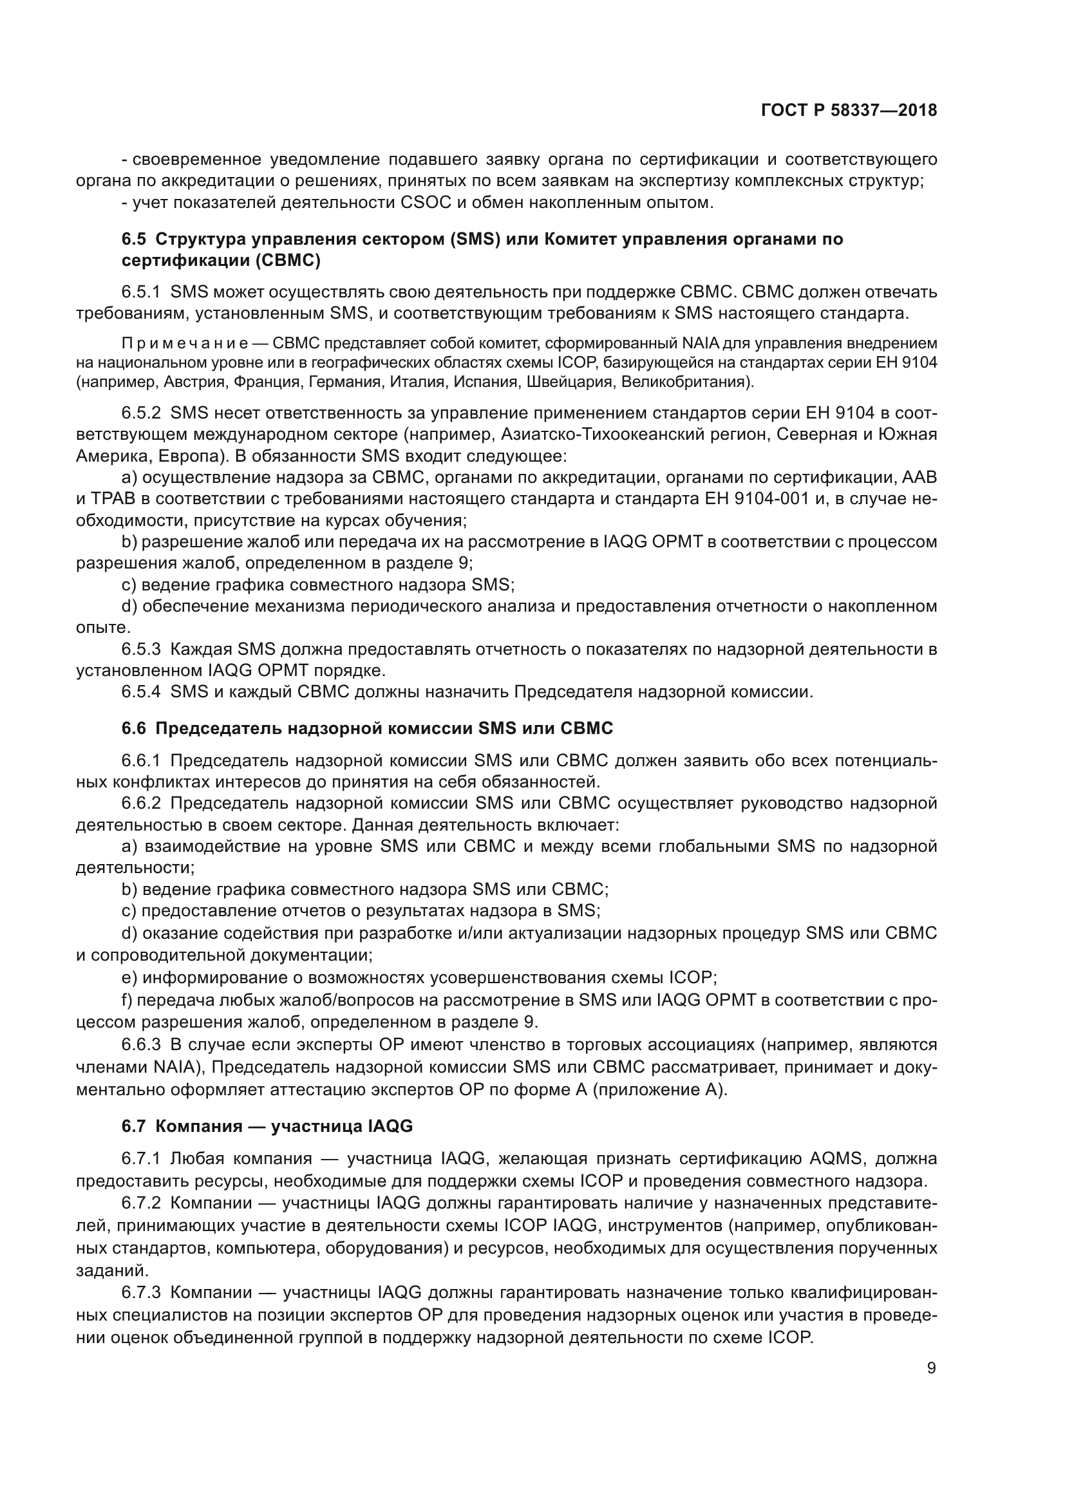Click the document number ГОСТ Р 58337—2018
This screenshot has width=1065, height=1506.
point(849,110)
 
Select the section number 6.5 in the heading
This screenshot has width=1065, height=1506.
point(133,239)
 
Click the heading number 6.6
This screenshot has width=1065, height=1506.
point(133,728)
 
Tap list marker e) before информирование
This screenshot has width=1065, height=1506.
point(129,978)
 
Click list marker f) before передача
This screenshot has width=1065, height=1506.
point(127,1001)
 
